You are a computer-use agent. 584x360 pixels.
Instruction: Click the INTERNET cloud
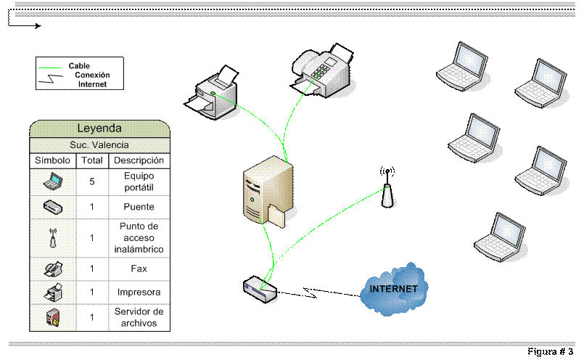coord(394,290)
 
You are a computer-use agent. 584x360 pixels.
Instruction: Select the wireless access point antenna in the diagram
coord(387,188)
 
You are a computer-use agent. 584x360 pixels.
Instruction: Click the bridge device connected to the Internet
coord(260,289)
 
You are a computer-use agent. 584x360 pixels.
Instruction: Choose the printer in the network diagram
coord(211,93)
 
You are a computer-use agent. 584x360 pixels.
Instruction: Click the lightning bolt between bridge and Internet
coord(310,293)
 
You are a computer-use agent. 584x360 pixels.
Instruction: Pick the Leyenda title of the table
coord(99,128)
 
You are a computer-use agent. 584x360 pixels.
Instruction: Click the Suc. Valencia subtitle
coord(99,145)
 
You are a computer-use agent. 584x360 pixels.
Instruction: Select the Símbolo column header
coord(52,160)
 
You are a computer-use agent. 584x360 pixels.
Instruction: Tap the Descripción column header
coord(139,160)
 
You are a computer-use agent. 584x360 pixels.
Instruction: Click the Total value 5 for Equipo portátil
coord(92,182)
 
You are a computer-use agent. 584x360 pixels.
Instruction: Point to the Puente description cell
coord(139,207)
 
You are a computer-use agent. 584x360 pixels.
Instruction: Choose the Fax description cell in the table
coord(139,269)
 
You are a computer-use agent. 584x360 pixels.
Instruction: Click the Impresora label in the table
coord(139,292)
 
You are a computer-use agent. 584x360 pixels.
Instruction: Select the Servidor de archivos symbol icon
coord(53,317)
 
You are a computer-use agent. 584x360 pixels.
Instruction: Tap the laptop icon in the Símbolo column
coord(53,181)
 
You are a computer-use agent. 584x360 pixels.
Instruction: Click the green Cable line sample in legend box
coord(49,67)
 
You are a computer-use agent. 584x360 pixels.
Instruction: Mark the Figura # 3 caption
coord(550,351)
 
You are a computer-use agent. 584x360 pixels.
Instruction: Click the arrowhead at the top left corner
coord(38,25)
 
